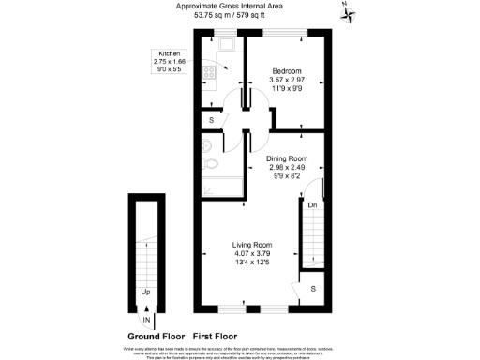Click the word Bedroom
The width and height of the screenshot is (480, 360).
click(x=287, y=72)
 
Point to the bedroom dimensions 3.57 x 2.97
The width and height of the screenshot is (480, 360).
click(x=287, y=81)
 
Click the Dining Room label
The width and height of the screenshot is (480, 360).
click(x=286, y=158)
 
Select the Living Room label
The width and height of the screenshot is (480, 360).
click(x=252, y=245)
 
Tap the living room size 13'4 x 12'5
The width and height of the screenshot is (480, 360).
click(x=252, y=262)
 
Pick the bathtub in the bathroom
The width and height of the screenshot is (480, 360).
click(x=220, y=187)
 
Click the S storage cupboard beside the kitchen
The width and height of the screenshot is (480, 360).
click(x=211, y=120)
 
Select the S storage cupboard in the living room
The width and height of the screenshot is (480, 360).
click(x=313, y=289)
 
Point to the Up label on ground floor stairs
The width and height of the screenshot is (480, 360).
click(x=145, y=292)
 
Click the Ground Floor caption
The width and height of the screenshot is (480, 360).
click(x=156, y=336)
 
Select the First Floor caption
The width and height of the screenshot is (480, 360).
click(x=215, y=336)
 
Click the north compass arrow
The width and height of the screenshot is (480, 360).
click(x=345, y=12)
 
